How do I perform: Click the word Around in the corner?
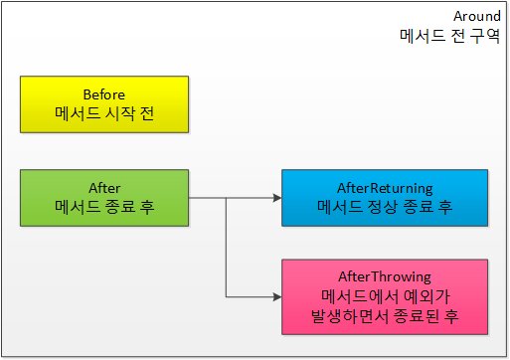[477, 16]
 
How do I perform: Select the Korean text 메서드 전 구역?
[449, 36]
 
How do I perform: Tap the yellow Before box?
[104, 104]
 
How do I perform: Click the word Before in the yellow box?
[104, 94]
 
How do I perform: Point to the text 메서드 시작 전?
[104, 113]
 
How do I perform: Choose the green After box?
[104, 198]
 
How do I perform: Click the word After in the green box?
[104, 188]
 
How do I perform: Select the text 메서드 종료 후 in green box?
[104, 207]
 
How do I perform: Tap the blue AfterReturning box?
[385, 198]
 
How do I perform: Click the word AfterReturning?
[385, 189]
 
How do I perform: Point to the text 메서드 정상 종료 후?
[385, 207]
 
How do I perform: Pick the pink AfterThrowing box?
[385, 297]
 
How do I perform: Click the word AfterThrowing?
[385, 277]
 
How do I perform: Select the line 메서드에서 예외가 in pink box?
[385, 296]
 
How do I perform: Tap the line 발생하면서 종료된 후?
[385, 315]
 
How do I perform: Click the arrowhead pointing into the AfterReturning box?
[277, 198]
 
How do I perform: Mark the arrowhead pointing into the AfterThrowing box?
[277, 297]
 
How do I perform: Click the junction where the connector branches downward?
[226, 198]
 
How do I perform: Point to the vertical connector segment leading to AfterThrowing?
[226, 248]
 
